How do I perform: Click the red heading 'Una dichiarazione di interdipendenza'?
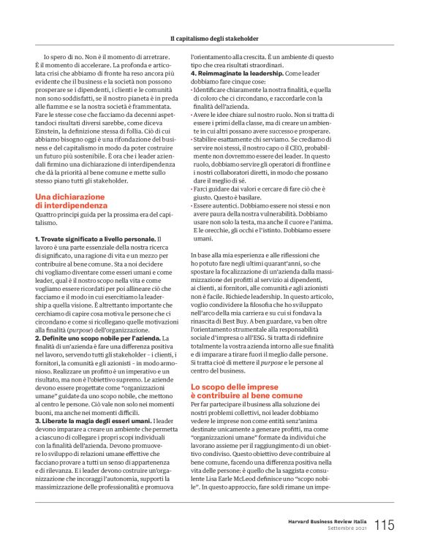click(x=74, y=199)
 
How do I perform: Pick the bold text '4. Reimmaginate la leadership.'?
click(x=237, y=74)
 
